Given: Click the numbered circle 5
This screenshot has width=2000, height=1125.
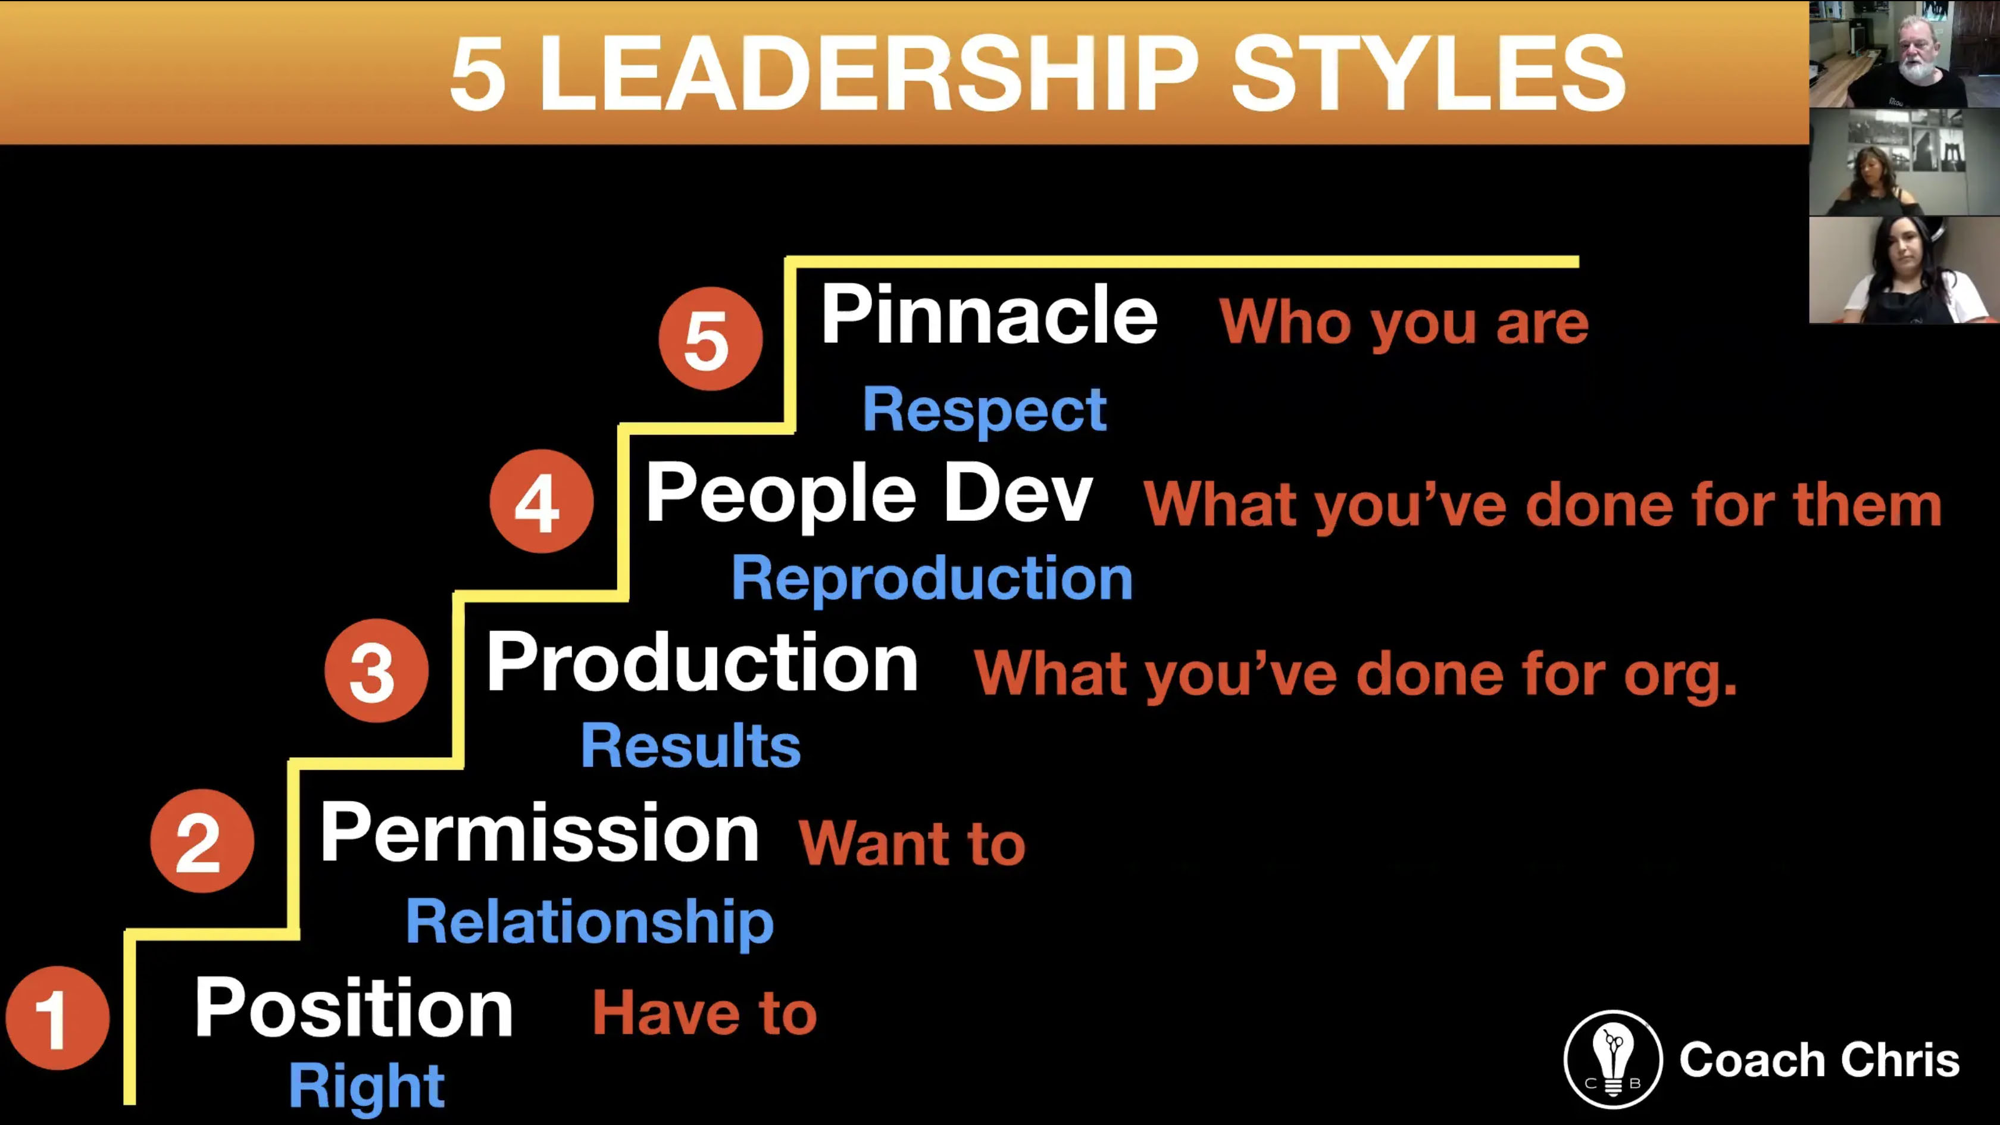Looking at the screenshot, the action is point(710,339).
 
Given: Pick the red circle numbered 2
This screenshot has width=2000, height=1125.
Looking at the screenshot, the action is point(202,840).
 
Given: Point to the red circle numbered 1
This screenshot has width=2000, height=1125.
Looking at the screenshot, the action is point(58,1018).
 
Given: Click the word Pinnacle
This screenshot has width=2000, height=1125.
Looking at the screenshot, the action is point(989,314).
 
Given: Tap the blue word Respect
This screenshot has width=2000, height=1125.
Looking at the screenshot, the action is point(985,410).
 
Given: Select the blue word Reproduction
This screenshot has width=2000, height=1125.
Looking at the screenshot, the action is point(932,579).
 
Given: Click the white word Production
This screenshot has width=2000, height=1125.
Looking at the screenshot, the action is point(702,661).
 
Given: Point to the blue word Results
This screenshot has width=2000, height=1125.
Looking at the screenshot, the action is point(690,745).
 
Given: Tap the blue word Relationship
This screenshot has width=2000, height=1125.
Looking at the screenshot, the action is point(590,923).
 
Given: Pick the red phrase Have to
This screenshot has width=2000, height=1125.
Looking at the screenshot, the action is point(704,1012).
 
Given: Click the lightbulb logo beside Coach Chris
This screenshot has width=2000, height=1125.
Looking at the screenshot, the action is point(1612,1059).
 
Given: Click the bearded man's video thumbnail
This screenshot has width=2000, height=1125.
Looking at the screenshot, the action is point(1905,54).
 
